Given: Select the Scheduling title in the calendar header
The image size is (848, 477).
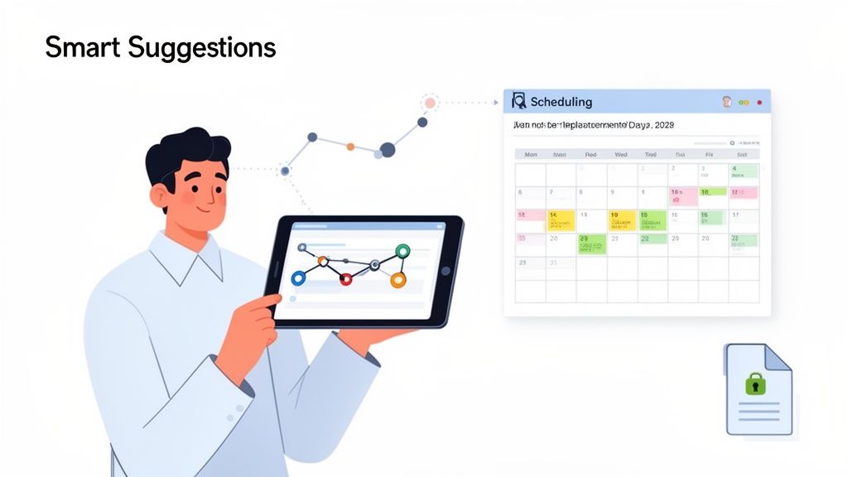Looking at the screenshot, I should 561,102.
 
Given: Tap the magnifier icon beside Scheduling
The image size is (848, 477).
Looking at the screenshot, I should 519,101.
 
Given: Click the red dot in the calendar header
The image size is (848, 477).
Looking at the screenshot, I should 759,103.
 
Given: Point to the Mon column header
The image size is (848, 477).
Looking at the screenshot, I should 530,154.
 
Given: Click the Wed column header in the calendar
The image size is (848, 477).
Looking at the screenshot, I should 621,154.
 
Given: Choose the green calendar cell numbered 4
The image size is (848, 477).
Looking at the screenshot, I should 744,172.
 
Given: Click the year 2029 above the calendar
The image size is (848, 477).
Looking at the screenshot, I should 664,125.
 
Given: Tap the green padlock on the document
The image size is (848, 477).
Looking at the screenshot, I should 754,383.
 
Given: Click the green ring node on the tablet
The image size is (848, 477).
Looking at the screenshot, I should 403,252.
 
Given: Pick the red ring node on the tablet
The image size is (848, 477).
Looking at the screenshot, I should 346,280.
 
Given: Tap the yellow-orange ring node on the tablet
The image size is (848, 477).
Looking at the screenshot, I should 398,280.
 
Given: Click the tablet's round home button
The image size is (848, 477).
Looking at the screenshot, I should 445,270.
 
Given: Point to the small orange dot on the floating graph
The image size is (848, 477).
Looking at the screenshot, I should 350,147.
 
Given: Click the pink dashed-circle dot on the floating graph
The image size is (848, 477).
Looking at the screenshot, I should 429,104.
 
